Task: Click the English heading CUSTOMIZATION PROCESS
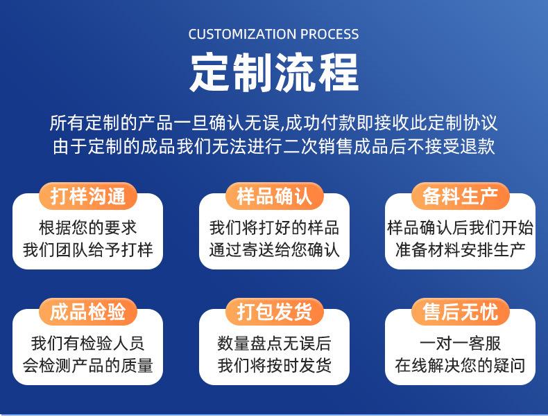(273, 34)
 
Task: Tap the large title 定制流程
(275, 73)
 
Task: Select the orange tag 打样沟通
(87, 196)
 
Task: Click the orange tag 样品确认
(275, 196)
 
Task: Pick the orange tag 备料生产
(461, 196)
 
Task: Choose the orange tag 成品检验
(87, 312)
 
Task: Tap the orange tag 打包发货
(275, 312)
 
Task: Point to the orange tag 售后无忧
(461, 312)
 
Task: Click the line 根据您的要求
(87, 228)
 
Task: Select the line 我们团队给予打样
(87, 250)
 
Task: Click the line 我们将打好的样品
(275, 228)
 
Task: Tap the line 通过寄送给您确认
(275, 250)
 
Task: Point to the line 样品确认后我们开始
(461, 228)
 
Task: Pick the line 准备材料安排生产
(461, 250)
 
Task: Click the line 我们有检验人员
(87, 344)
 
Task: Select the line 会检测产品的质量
(87, 365)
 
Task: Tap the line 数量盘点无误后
(275, 344)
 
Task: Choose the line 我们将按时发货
(275, 365)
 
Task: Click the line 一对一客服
(461, 344)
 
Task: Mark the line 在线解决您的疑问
(461, 365)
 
